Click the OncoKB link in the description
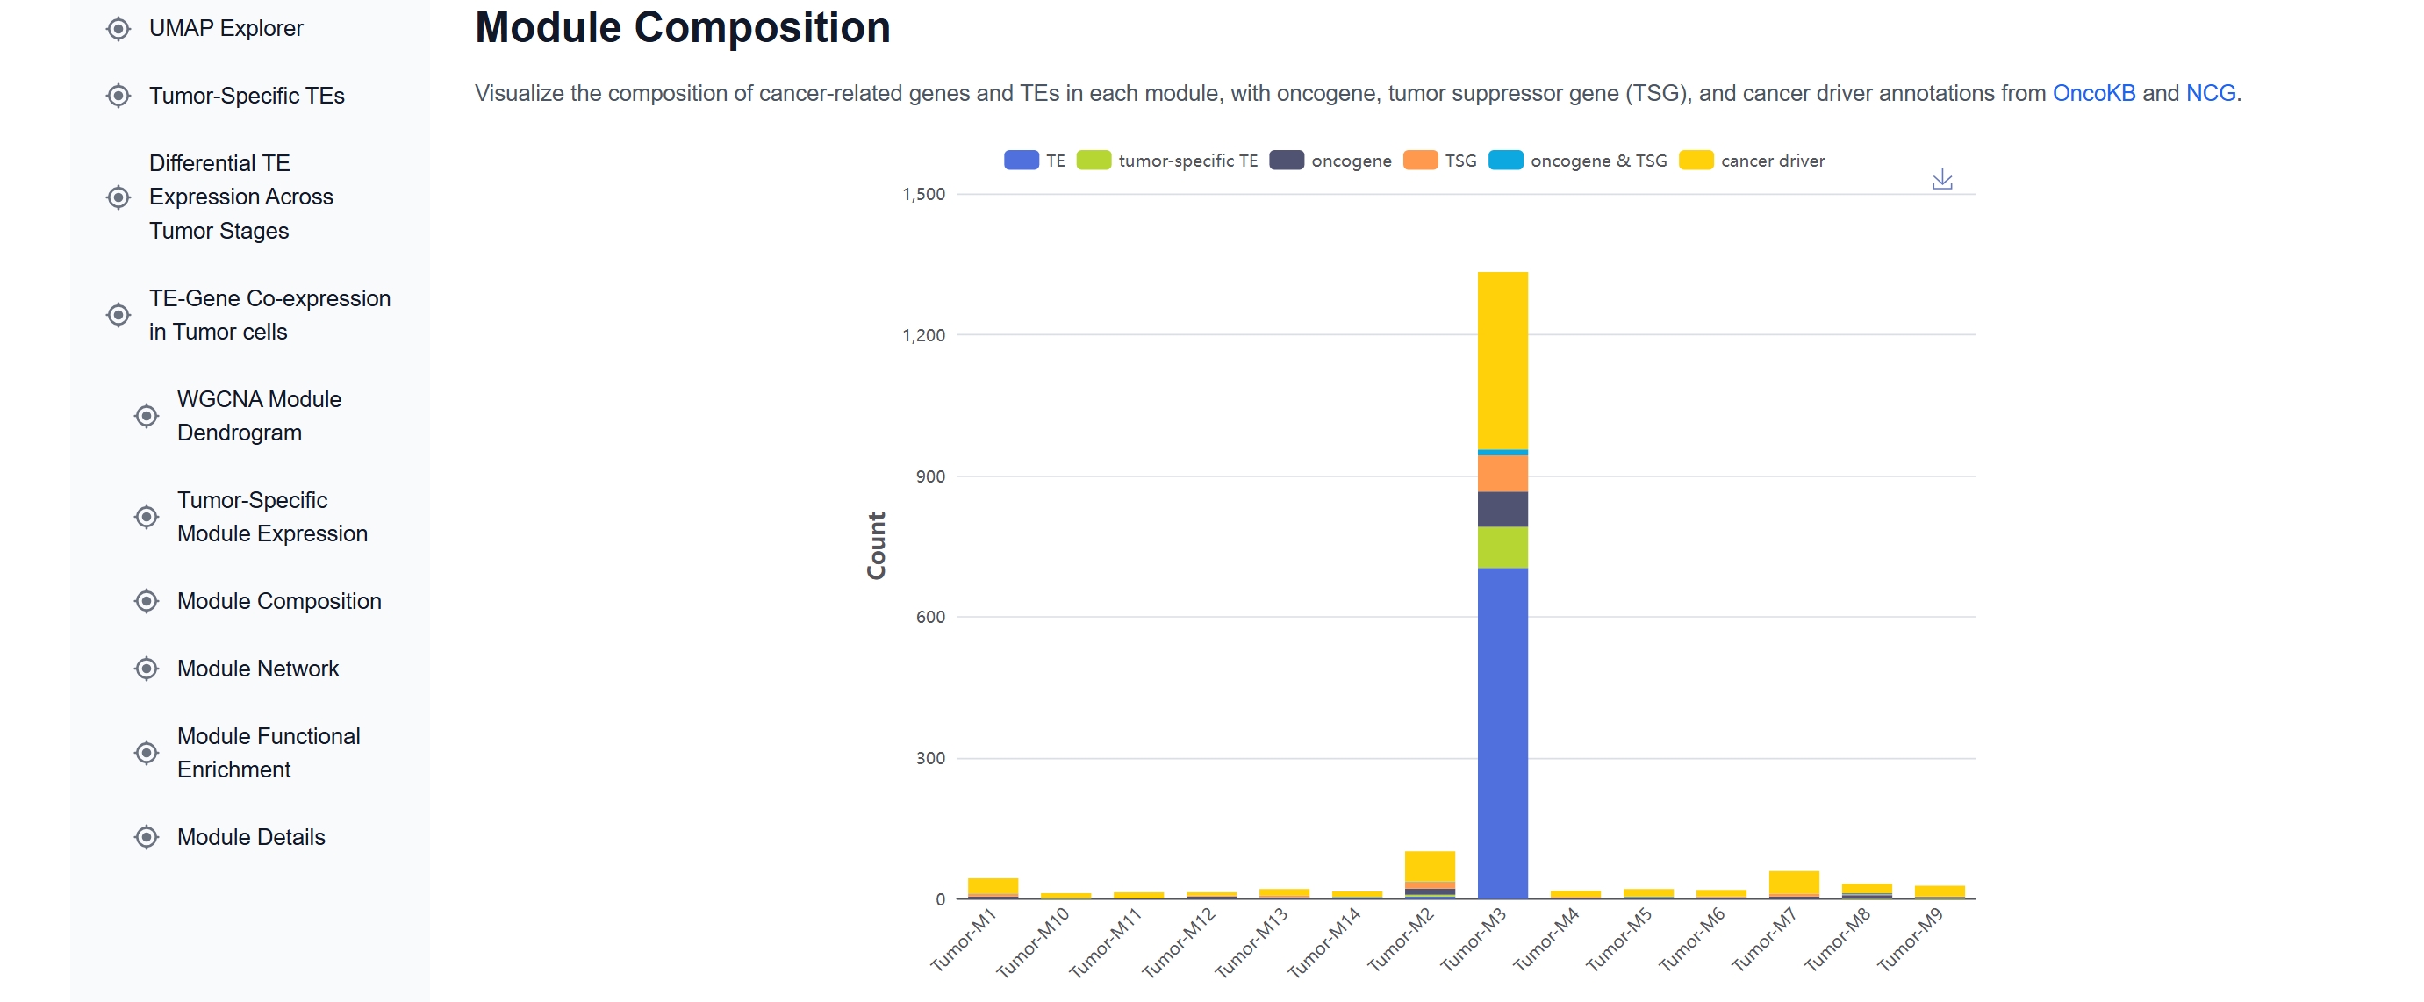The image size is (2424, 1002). point(2093,93)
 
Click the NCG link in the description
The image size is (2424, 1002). point(2210,93)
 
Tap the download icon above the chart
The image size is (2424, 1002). point(1941,179)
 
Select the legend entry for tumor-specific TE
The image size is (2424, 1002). point(1168,161)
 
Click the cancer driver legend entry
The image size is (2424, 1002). point(1752,161)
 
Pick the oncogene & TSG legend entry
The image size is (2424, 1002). point(1578,161)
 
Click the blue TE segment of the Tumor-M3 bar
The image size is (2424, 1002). point(1502,733)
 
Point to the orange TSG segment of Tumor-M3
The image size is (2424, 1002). point(1502,473)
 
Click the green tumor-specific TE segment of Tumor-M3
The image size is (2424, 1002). point(1502,547)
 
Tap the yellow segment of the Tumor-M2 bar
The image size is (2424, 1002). point(1430,864)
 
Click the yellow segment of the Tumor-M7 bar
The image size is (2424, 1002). point(1793,882)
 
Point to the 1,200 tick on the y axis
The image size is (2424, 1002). point(923,336)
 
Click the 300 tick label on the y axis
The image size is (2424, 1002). point(929,758)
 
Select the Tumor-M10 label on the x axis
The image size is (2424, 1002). point(1033,941)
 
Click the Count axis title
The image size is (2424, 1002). point(876,546)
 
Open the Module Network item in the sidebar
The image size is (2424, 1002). point(258,669)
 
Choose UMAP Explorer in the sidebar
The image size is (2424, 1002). point(226,28)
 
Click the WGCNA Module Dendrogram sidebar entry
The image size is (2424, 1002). point(259,416)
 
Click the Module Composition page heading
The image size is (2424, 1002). point(682,28)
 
